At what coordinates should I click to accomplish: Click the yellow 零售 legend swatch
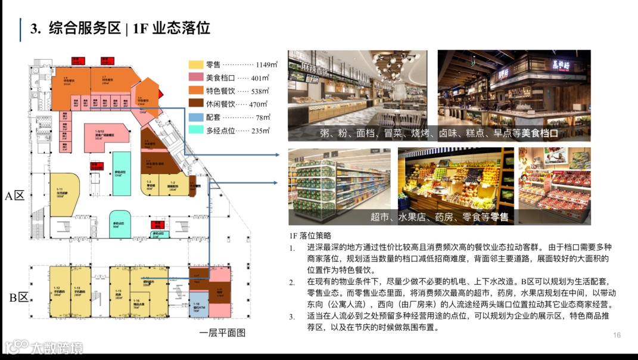[196, 64]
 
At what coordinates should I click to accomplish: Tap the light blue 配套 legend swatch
[196, 117]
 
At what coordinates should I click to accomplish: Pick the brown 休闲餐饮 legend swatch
[196, 104]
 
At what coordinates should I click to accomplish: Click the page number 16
[617, 335]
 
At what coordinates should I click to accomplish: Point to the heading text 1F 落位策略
[309, 236]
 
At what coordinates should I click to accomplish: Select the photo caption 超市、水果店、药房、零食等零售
[439, 217]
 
